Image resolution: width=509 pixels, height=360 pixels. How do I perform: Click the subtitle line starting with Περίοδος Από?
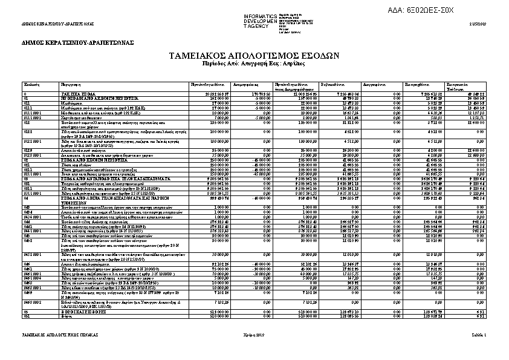pyautogui.click(x=253, y=63)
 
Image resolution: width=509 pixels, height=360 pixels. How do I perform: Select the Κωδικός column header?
pyautogui.click(x=31, y=84)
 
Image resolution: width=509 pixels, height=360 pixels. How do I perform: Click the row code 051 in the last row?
pyautogui.click(x=27, y=315)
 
